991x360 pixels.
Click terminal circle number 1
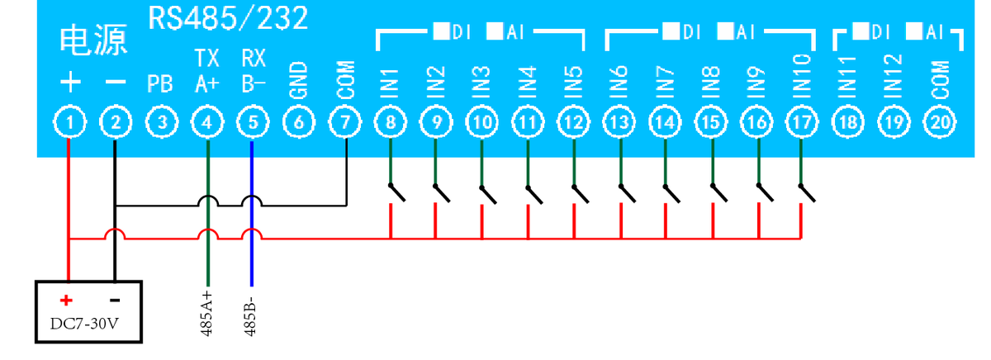pos(71,123)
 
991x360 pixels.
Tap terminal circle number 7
pos(345,123)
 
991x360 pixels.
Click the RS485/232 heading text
pos(228,18)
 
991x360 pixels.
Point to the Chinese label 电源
pos(94,41)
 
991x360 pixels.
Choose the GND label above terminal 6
pos(299,80)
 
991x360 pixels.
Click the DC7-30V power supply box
pos(91,312)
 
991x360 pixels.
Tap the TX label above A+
pos(206,58)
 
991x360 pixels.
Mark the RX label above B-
pos(253,58)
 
